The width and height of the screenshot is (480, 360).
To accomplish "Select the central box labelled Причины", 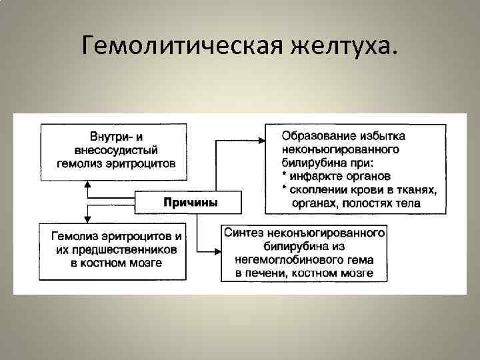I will [190, 202].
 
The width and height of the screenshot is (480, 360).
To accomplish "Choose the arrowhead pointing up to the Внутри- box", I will [87, 183].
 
